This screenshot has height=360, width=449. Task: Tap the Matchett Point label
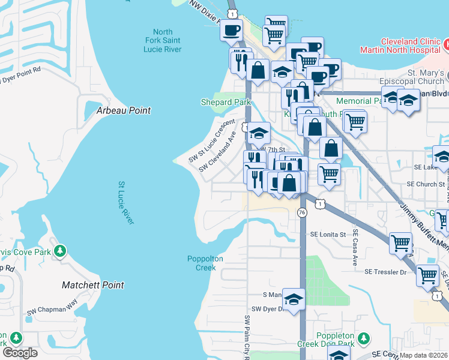[93, 286]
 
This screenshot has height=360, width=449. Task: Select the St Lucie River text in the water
[126, 204]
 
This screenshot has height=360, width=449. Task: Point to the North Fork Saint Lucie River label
[163, 40]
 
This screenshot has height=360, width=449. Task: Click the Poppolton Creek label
[205, 263]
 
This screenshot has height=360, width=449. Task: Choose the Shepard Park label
[226, 103]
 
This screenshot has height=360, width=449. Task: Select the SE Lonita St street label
[328, 235]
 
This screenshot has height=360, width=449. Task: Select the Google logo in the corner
[20, 352]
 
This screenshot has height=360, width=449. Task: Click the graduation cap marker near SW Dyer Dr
[294, 299]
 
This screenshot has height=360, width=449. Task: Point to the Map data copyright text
[424, 355]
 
